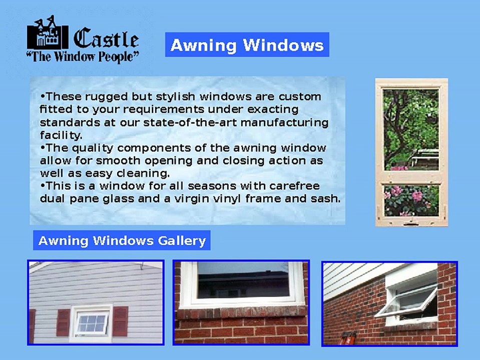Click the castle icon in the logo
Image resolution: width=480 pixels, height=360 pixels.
tap(47, 34)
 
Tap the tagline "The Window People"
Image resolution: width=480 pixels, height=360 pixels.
tap(83, 56)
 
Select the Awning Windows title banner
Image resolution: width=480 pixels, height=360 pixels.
tap(247, 45)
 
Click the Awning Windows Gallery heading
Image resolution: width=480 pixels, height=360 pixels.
tap(122, 240)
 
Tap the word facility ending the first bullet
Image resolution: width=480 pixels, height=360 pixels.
tap(60, 135)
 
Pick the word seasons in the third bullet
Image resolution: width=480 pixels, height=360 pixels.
tap(214, 186)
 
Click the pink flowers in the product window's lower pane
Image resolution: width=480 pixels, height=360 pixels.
tap(415, 195)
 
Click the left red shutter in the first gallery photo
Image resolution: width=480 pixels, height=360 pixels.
tap(63, 322)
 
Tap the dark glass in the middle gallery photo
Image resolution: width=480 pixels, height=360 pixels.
tap(242, 280)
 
